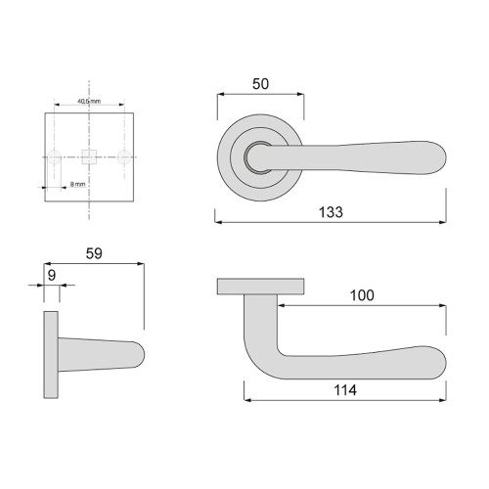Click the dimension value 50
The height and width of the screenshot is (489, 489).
[x=260, y=84]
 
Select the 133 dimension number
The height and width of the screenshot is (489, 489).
[x=330, y=212]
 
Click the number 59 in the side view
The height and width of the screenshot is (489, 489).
[x=94, y=252]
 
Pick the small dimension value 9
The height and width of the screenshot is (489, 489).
[x=52, y=275]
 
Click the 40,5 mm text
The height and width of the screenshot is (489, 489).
[x=89, y=101]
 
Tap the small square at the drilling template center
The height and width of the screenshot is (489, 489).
[x=89, y=156]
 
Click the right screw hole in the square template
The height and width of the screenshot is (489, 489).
[x=124, y=156]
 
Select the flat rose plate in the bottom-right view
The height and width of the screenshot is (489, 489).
[x=259, y=286]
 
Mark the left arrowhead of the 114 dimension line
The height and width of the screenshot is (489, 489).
[x=245, y=400]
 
